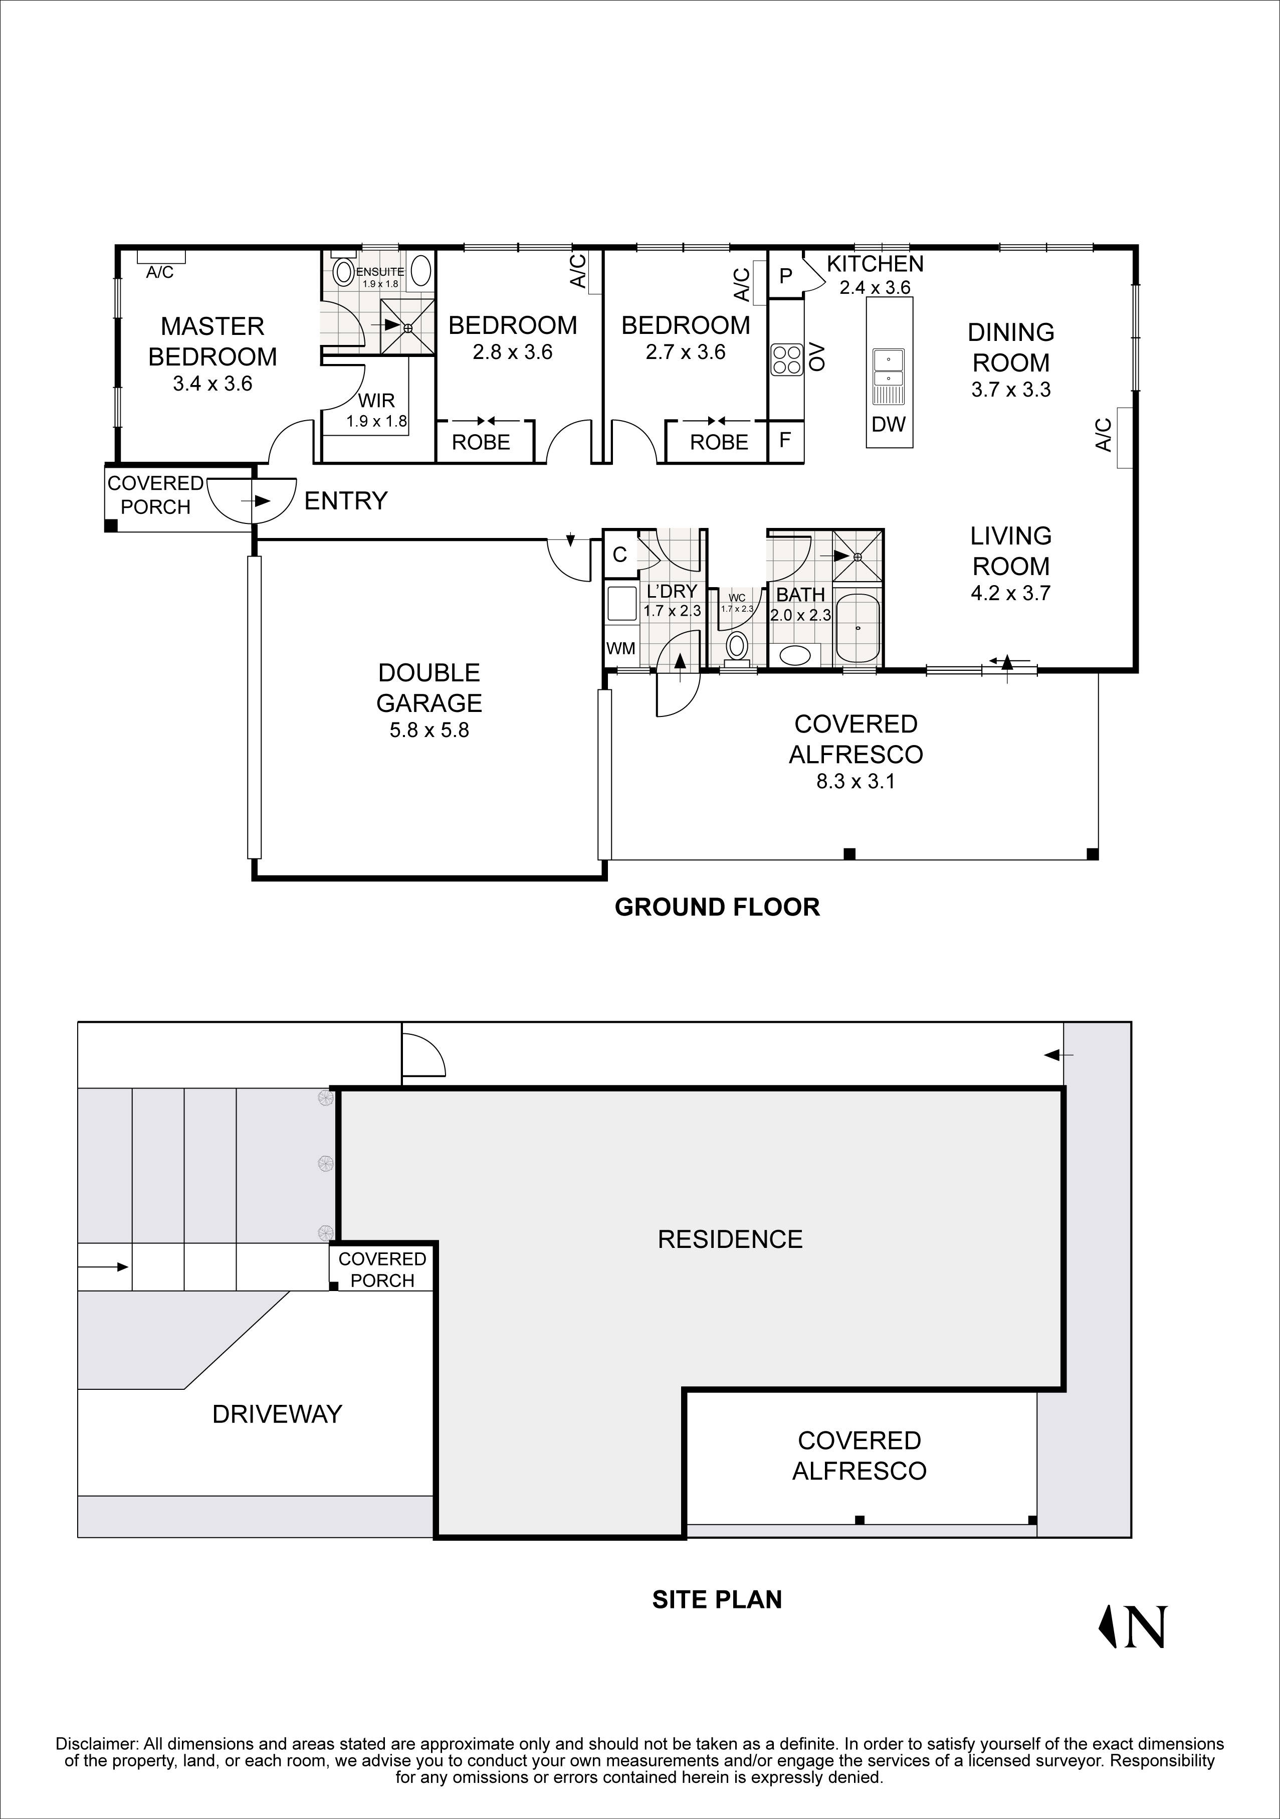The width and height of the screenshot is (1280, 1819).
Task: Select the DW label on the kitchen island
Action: tap(888, 425)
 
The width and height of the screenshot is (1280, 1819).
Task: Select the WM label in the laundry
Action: tap(620, 649)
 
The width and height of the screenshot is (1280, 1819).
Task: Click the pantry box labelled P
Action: tap(786, 276)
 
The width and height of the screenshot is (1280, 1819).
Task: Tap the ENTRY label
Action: tap(345, 501)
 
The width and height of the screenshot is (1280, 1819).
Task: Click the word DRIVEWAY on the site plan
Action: tap(277, 1414)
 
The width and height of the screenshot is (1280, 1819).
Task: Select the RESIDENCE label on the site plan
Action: tap(730, 1239)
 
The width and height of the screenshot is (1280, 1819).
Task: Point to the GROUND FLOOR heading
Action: tap(717, 907)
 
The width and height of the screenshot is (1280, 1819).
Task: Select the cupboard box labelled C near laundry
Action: tap(620, 555)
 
